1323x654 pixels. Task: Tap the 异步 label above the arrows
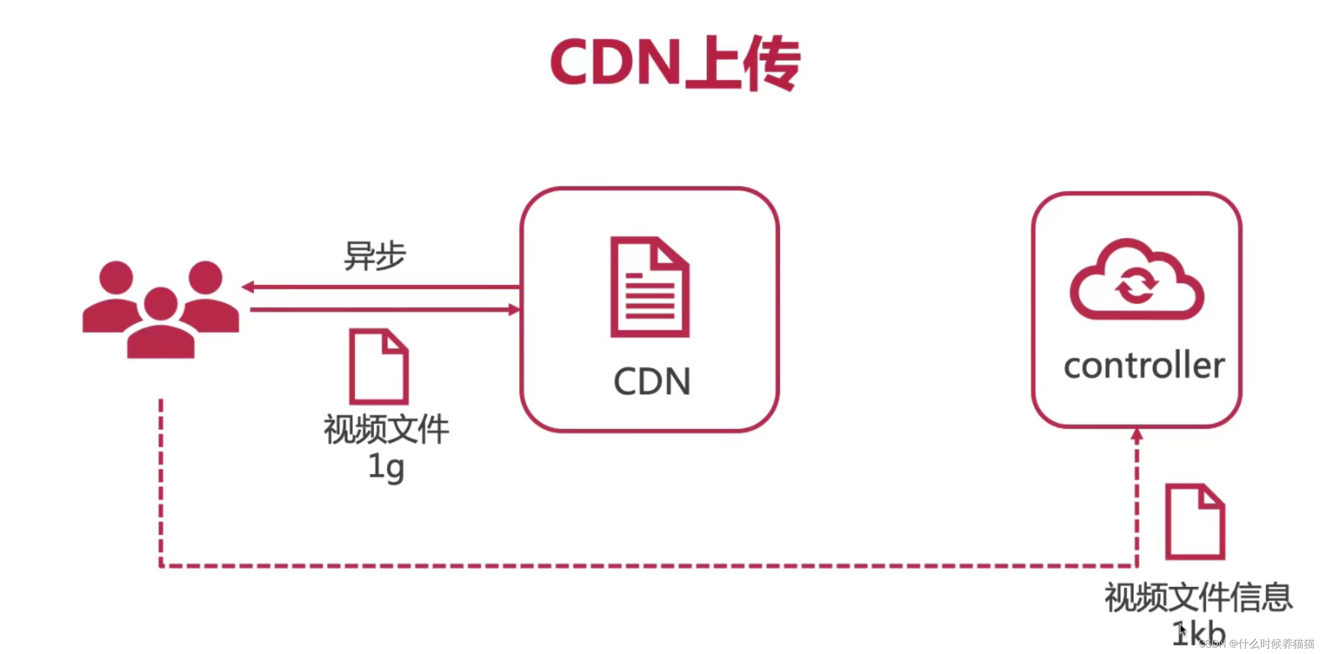(x=375, y=255)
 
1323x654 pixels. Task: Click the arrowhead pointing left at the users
(x=248, y=287)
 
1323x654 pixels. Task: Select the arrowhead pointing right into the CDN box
(x=514, y=310)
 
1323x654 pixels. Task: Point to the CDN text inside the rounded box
(x=652, y=381)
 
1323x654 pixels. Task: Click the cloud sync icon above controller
(x=1137, y=280)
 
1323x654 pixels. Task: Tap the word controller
(x=1144, y=366)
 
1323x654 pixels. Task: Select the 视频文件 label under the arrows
(x=386, y=429)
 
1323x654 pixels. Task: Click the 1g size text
(x=386, y=467)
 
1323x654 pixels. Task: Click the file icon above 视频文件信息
(x=1195, y=521)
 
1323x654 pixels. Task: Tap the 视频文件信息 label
(x=1198, y=597)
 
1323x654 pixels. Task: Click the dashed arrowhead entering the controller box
(x=1137, y=436)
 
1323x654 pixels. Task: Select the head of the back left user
(x=116, y=277)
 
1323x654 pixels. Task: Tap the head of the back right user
(x=206, y=277)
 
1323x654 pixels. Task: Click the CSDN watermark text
(x=1256, y=644)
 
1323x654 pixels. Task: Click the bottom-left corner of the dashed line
(x=161, y=565)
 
